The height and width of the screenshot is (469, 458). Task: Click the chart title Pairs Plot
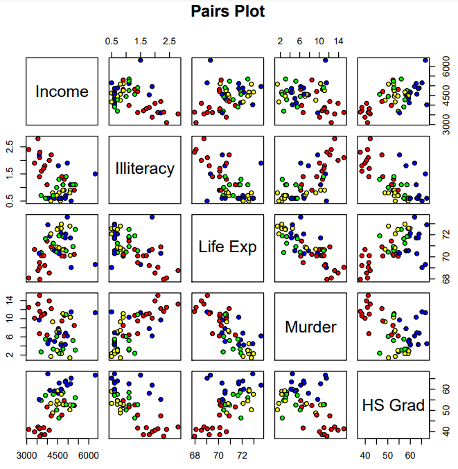pyautogui.click(x=228, y=12)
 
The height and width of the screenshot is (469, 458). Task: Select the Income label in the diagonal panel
pyautogui.click(x=62, y=91)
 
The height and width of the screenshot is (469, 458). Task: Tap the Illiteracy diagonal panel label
pyautogui.click(x=145, y=169)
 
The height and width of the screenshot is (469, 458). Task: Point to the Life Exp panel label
pyautogui.click(x=228, y=247)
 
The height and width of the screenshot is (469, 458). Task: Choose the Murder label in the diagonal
pyautogui.click(x=310, y=327)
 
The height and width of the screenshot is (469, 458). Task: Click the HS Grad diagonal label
pyautogui.click(x=394, y=405)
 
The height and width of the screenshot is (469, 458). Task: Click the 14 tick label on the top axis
pyautogui.click(x=338, y=42)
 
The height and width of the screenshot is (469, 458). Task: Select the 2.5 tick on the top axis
pyautogui.click(x=169, y=42)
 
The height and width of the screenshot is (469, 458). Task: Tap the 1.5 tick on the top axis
pyautogui.click(x=140, y=42)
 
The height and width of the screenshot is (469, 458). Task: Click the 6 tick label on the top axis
pyautogui.click(x=299, y=42)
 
